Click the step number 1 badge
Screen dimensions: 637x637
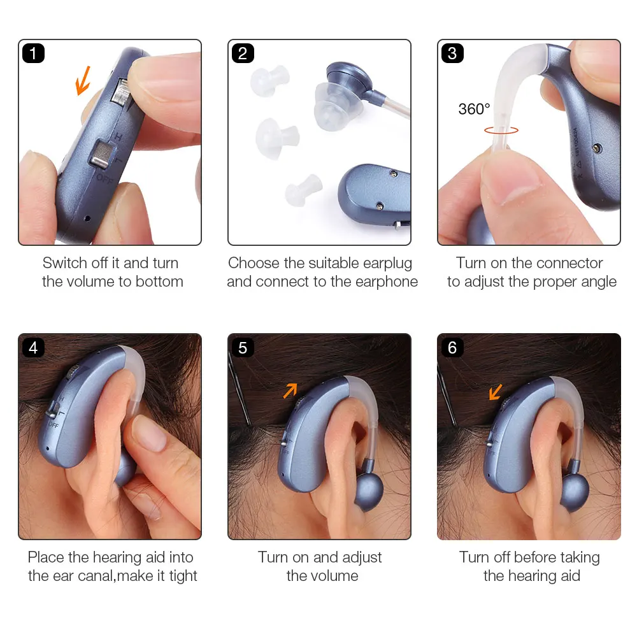[33, 54]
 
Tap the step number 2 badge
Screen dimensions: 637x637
[243, 54]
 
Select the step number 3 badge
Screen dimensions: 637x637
[452, 54]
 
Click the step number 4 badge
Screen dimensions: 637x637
[33, 347]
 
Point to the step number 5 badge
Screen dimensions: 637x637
[243, 347]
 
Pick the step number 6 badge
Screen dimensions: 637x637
[452, 347]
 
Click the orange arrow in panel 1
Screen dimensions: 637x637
[83, 82]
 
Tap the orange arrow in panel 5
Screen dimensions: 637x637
[290, 390]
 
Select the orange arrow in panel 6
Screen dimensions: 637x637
[495, 392]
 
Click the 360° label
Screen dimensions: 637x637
[474, 109]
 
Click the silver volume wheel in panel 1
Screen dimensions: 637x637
[120, 92]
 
